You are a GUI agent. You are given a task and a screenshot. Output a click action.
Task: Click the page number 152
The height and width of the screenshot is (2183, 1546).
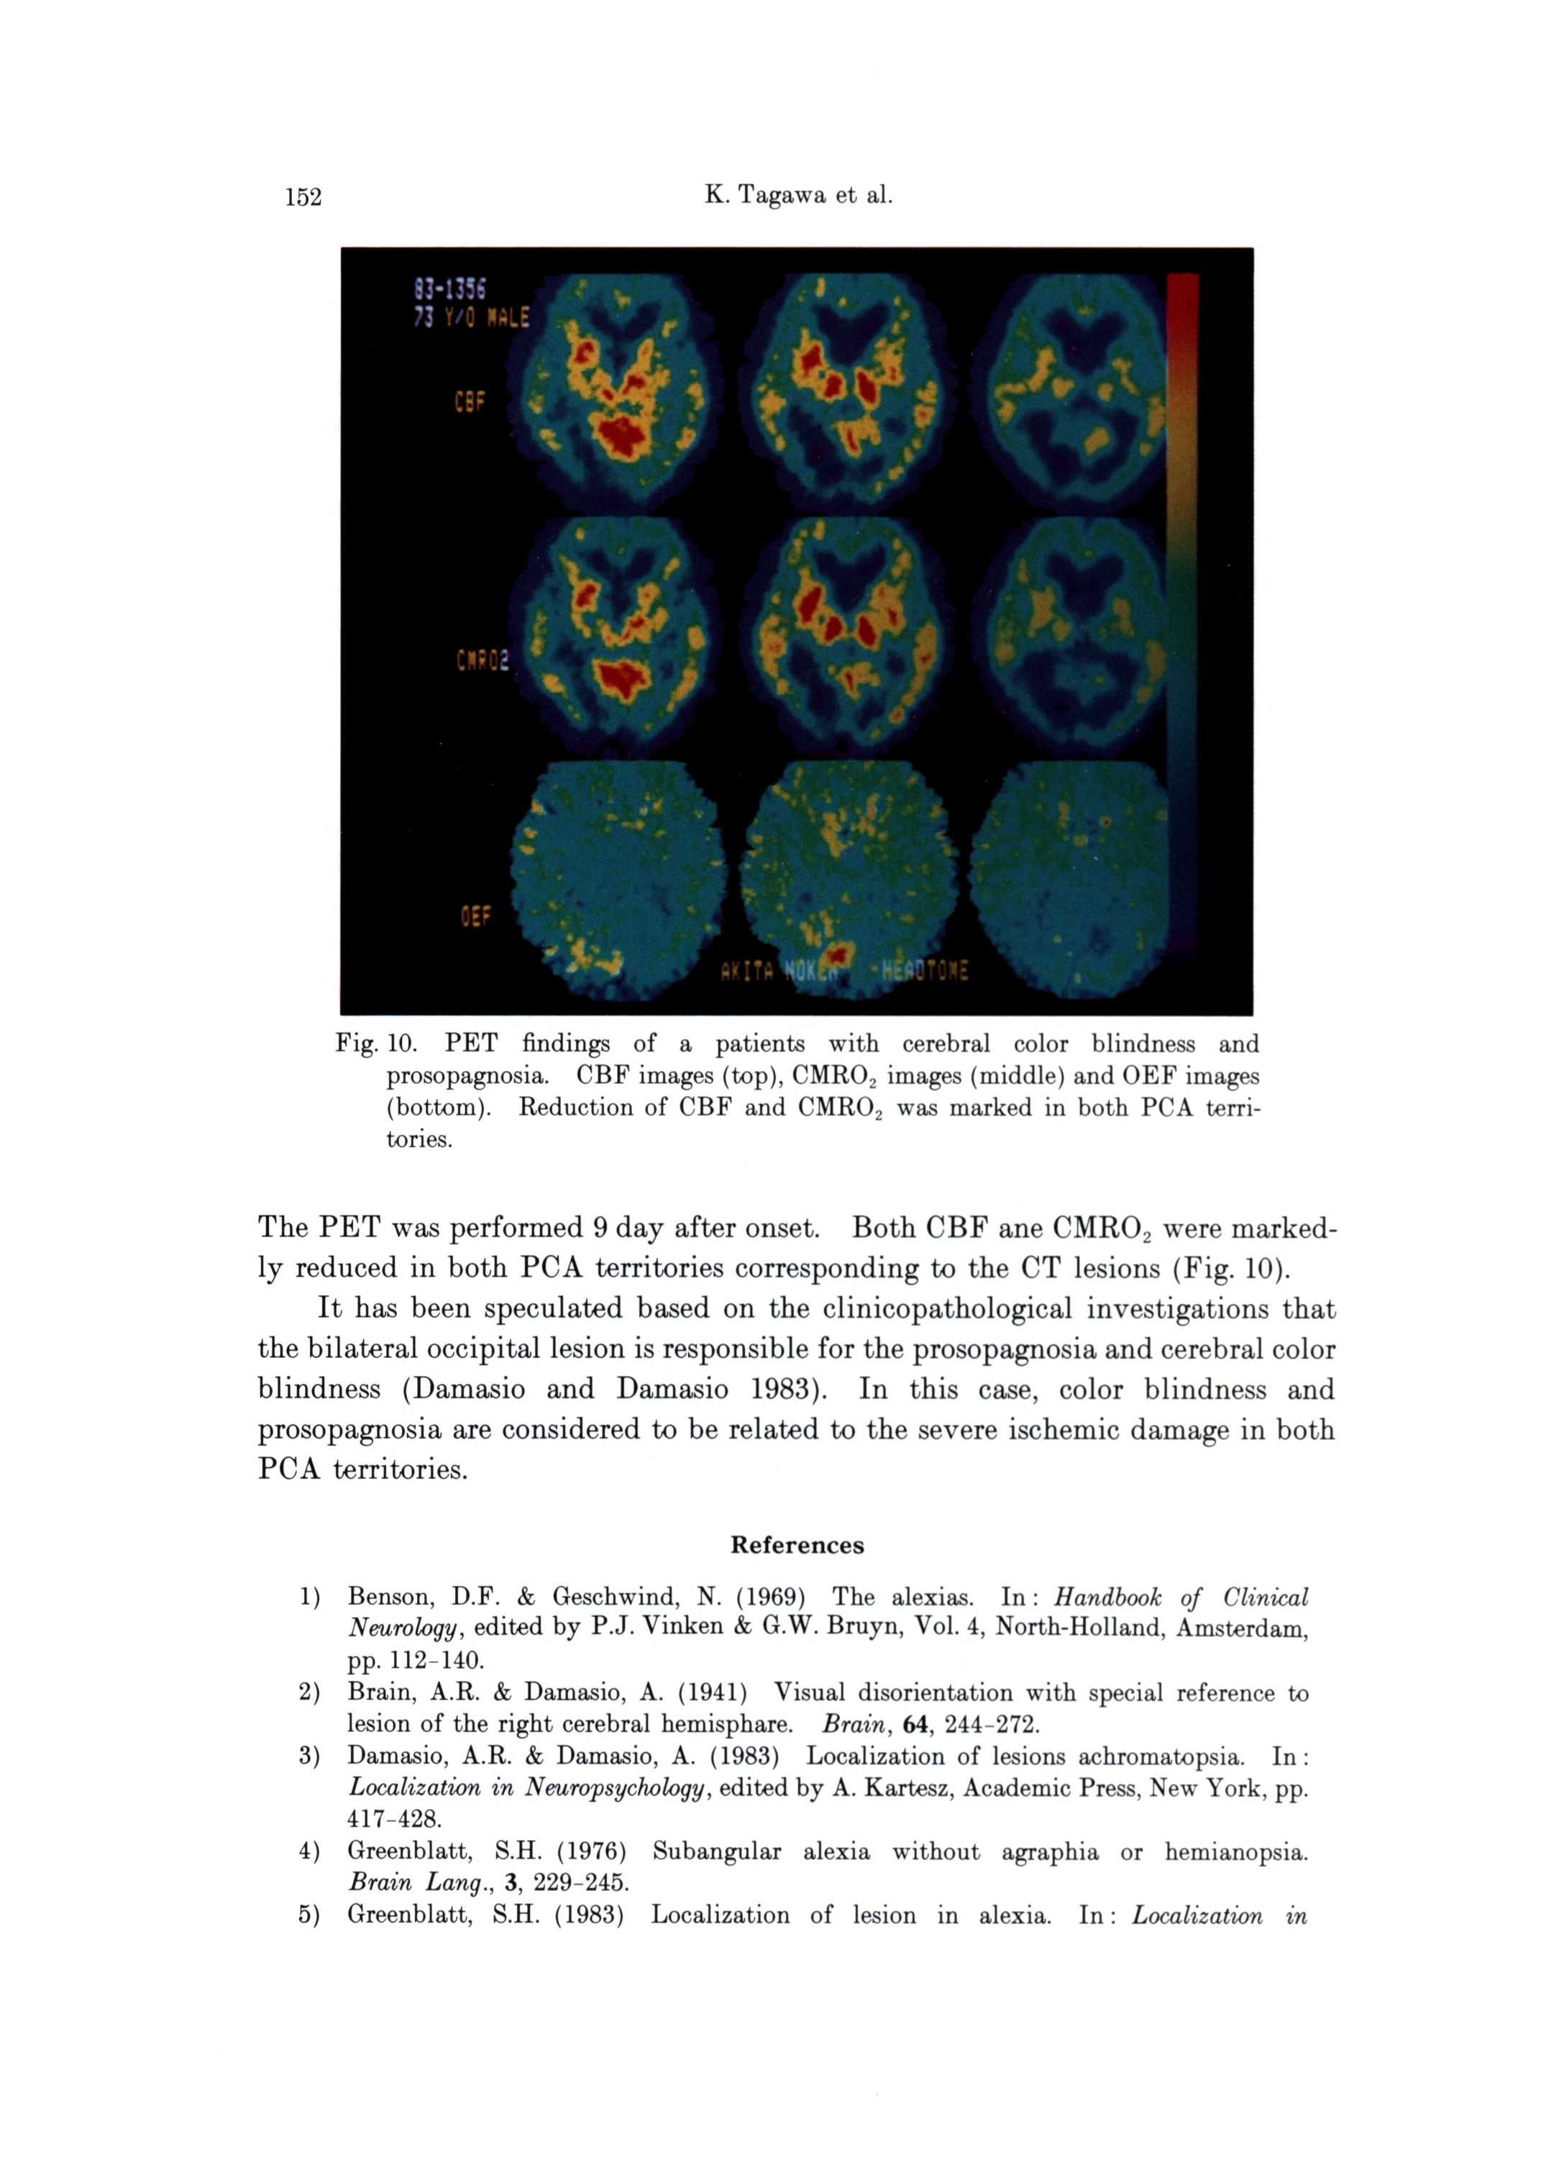pyautogui.click(x=303, y=197)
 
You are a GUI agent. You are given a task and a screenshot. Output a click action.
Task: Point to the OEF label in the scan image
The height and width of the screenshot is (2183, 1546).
pyautogui.click(x=476, y=917)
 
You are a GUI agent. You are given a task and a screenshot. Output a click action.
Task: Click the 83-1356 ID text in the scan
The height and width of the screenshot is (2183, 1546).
pyautogui.click(x=450, y=288)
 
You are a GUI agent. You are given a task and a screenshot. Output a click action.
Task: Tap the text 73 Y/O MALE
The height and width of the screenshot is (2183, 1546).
pyautogui.click(x=470, y=317)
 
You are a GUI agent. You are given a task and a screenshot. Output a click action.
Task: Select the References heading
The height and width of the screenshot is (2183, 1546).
pyautogui.click(x=797, y=1544)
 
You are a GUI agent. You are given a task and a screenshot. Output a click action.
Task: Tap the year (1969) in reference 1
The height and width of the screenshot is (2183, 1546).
pyautogui.click(x=764, y=1597)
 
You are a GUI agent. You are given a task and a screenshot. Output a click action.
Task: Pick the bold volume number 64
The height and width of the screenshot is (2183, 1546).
pyautogui.click(x=914, y=1724)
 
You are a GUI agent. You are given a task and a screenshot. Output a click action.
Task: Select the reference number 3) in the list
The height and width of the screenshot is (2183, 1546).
pyautogui.click(x=308, y=1756)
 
